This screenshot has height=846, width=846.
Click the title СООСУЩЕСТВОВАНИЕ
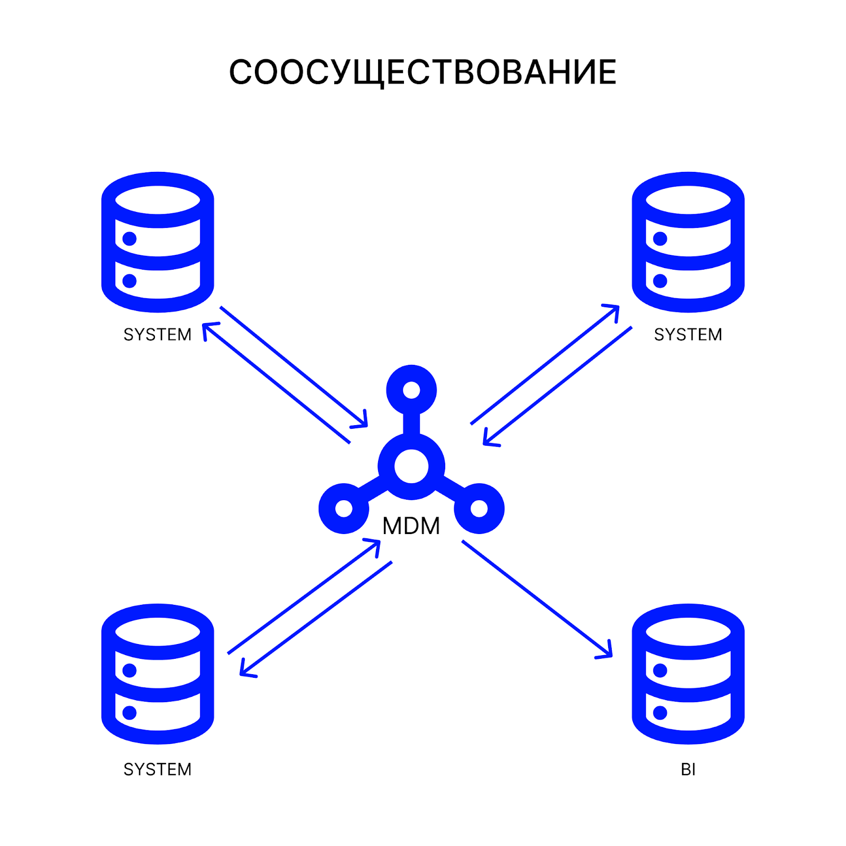(x=422, y=72)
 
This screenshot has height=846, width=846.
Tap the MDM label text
(x=411, y=526)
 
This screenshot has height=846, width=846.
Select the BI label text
(x=688, y=769)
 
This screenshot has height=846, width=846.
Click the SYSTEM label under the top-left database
(x=158, y=335)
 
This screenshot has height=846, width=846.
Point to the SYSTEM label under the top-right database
(x=688, y=335)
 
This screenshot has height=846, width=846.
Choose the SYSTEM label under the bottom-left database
(x=158, y=769)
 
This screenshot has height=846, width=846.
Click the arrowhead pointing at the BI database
(x=606, y=652)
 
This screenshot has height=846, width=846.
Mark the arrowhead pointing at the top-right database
(x=613, y=310)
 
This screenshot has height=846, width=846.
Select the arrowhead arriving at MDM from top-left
(x=362, y=421)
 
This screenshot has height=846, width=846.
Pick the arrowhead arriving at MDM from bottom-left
(x=374, y=545)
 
